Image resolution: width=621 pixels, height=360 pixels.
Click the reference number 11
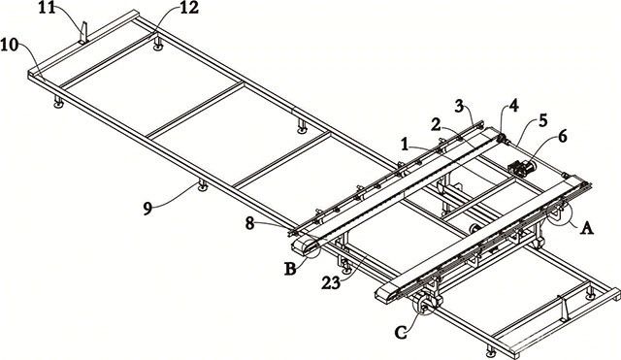pos(48,8)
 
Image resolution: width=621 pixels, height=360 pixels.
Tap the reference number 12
pos(189,8)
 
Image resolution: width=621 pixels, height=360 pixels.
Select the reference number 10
pos(9,46)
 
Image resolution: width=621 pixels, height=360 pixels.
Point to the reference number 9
pos(147,209)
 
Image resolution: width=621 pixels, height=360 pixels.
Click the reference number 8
pos(249,224)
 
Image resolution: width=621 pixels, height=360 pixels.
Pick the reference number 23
pos(332,282)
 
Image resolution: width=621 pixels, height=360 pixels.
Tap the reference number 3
pos(459,107)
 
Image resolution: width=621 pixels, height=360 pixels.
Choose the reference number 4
pos(513,107)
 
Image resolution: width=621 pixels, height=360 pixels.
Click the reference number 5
pos(542,120)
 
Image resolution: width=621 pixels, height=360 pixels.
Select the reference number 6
pos(563,136)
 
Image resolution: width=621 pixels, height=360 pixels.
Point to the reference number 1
pos(405,145)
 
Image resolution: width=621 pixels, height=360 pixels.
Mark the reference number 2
pos(436,126)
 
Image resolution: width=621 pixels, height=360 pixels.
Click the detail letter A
pos(586,228)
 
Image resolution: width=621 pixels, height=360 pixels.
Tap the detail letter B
pos(290,270)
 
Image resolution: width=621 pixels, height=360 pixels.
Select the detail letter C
pos(401,333)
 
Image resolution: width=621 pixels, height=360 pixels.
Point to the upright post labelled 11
pos(83,33)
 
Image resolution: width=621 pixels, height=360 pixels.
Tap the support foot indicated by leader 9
pos(203,185)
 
